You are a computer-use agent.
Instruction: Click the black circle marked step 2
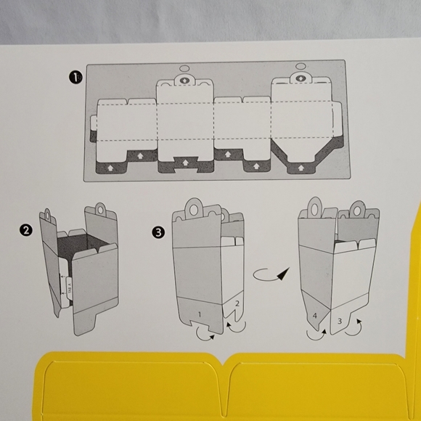27,230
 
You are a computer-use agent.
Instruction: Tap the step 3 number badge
158,233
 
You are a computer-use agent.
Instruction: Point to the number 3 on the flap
339,320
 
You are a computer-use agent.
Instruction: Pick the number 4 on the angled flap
315,316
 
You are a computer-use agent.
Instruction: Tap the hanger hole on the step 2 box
49,215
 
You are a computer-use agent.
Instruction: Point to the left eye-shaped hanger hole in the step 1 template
182,79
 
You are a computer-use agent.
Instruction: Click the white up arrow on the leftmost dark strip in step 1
110,168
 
